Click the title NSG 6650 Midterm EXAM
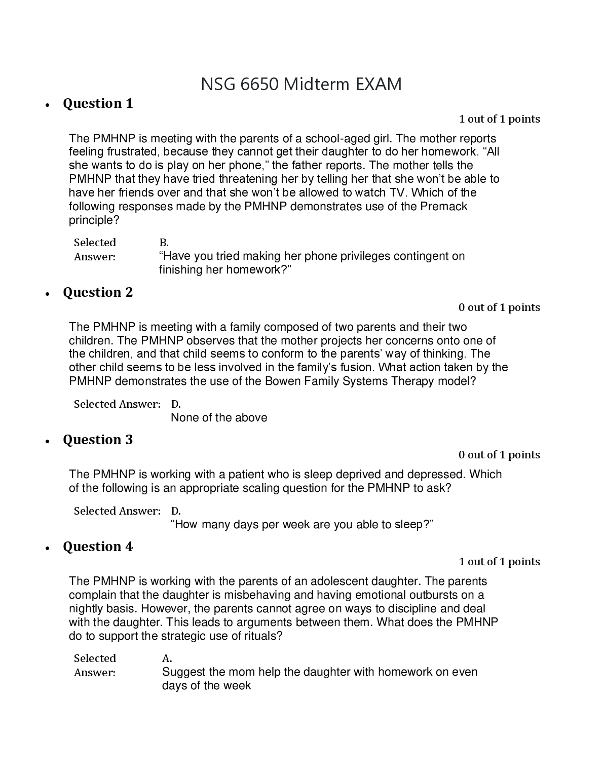point(301,84)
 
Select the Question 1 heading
point(98,104)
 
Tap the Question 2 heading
point(98,293)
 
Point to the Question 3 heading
point(98,440)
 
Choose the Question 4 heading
point(98,547)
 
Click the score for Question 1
point(499,120)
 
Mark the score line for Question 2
point(499,308)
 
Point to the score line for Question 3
point(499,455)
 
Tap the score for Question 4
point(499,562)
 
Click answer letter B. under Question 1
point(164,243)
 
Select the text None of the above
point(219,418)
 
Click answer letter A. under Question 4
point(167,659)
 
